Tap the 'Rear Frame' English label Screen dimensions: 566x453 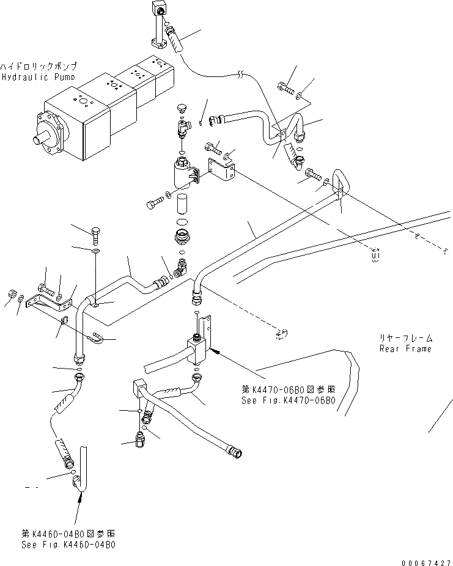click(x=405, y=348)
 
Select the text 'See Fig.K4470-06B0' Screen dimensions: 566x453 click(x=288, y=401)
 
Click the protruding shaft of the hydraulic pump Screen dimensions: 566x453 click(x=43, y=138)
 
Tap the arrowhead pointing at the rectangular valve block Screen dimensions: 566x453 click(x=215, y=351)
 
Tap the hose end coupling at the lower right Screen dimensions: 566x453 click(x=235, y=452)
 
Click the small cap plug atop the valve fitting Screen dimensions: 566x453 click(x=180, y=110)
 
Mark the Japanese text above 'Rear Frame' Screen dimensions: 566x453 click(x=406, y=337)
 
